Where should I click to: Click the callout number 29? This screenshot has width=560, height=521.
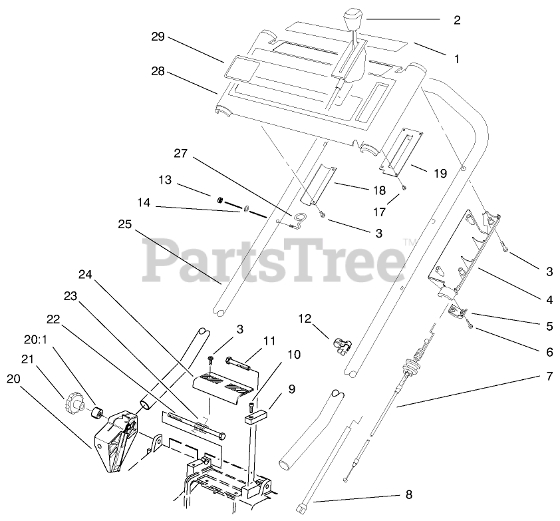click(157, 37)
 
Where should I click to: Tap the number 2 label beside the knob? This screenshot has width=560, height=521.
click(457, 20)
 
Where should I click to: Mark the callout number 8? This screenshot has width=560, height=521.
click(408, 494)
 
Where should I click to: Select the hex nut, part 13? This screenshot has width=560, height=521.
click(219, 199)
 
